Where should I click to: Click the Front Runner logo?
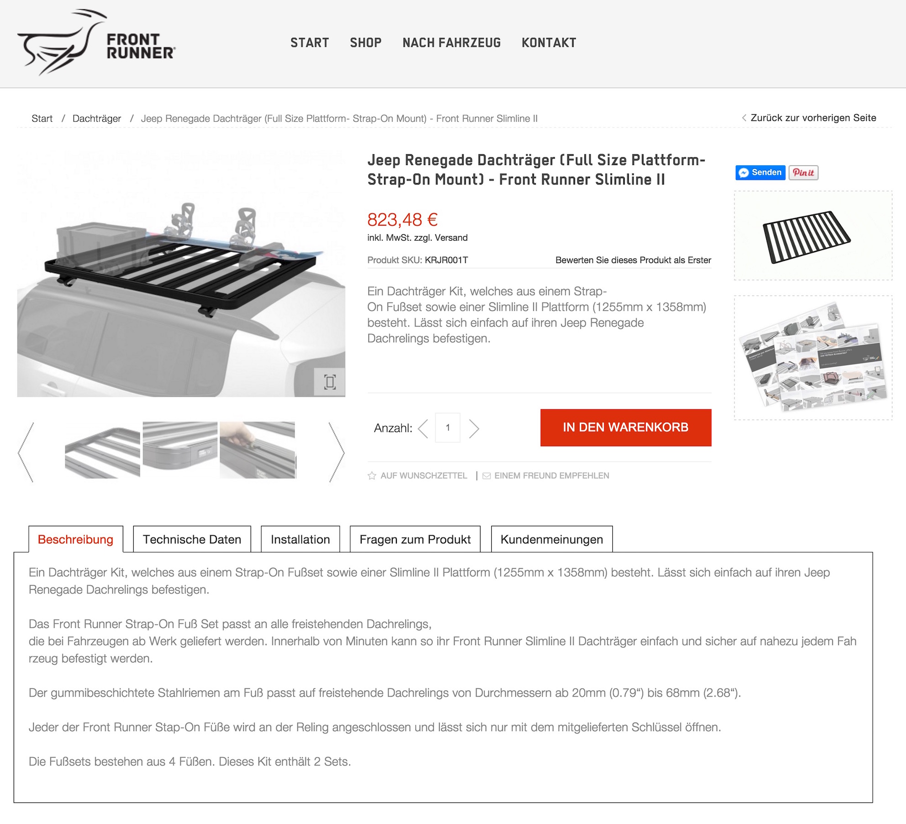coord(96,42)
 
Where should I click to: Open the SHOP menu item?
coord(365,43)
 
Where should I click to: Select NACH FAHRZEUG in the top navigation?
coord(452,43)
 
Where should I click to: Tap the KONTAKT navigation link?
coord(549,43)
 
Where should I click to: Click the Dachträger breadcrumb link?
coord(97,119)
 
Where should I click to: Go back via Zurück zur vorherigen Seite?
coord(809,118)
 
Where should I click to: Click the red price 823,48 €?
coord(402,220)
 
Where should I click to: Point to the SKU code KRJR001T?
coord(446,260)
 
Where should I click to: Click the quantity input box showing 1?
coord(448,428)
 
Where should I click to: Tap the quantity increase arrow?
coord(474,428)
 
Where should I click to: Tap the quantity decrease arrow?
coord(423,428)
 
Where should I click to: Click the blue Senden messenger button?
coord(760,173)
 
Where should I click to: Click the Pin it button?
coord(803,173)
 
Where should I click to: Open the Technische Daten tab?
coord(192,539)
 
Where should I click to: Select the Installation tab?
coord(300,539)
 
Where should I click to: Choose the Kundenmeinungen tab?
coord(552,539)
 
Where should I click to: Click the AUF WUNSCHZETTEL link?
coord(417,476)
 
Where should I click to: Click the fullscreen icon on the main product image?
coord(330,382)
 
